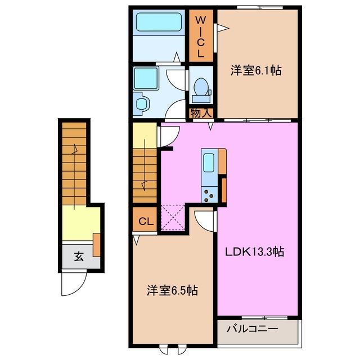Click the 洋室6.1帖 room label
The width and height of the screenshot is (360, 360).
point(256,71)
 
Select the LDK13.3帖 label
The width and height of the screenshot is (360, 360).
point(255,252)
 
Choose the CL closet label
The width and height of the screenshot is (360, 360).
point(146,221)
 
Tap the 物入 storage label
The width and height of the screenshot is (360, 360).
point(201,113)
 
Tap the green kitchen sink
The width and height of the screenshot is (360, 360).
point(208,162)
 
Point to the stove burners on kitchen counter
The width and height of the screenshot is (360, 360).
point(208,194)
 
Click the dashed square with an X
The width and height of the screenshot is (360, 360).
point(173,218)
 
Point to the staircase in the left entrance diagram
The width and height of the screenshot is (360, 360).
point(74,163)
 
